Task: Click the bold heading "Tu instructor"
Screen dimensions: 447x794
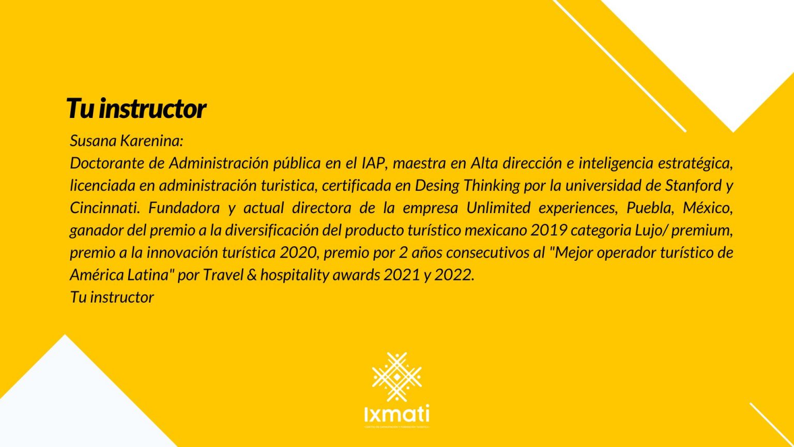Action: point(135,109)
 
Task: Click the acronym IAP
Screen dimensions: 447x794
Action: point(373,163)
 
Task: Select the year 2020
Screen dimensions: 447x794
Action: point(298,252)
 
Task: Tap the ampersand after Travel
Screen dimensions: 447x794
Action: point(252,274)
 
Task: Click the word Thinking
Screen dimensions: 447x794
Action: point(492,185)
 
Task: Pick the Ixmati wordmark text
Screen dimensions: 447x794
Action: point(396,414)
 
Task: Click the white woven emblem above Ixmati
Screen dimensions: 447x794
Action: point(396,377)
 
